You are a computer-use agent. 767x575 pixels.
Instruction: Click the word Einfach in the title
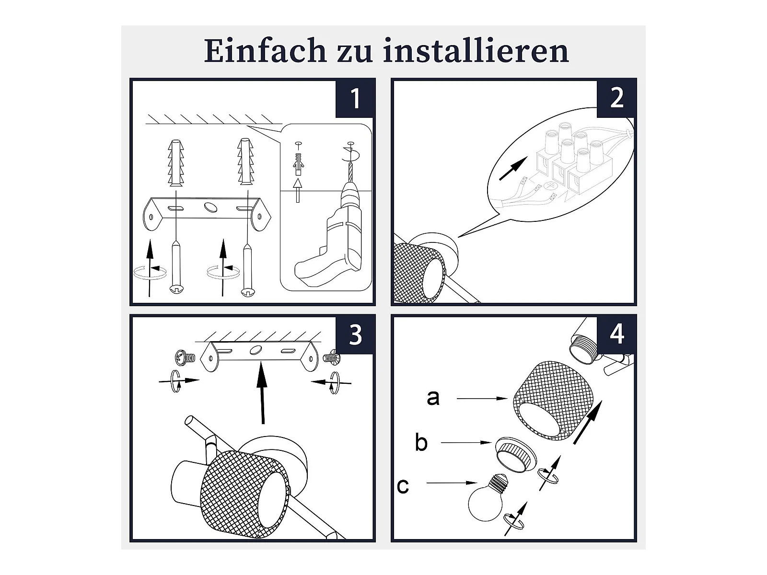click(265, 51)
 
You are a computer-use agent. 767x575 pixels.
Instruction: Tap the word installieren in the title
click(476, 51)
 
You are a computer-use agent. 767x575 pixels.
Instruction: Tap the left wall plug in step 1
click(176, 162)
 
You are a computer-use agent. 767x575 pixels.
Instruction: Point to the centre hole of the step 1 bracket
click(211, 207)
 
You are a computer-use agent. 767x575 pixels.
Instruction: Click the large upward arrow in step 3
click(262, 393)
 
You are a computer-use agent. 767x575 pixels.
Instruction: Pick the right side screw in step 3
click(331, 357)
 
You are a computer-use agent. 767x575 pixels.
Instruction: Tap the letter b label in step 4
click(421, 442)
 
